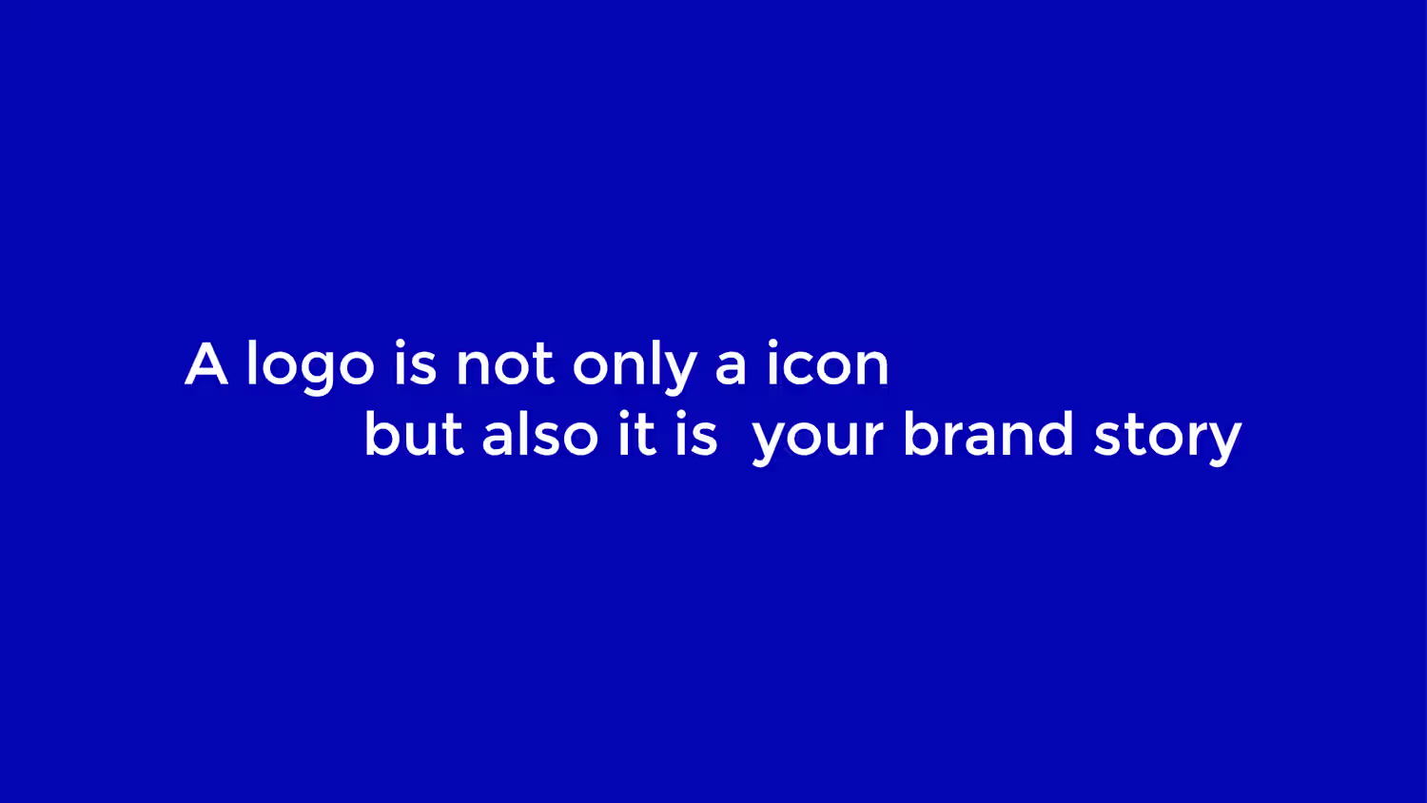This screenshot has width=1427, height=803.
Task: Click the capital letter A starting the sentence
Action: point(206,363)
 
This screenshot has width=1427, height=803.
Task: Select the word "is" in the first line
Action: point(416,363)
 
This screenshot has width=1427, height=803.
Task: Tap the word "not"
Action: point(505,366)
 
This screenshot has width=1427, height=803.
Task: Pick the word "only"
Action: point(635,367)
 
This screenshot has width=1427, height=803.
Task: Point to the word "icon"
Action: point(829,363)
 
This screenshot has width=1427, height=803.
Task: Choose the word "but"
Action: point(414,433)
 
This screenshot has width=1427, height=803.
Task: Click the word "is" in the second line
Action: point(696,433)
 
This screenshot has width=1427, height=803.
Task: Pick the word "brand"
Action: point(988,433)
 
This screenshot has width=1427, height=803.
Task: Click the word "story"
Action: point(1167,439)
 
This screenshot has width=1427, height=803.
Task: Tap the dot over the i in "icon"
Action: point(772,344)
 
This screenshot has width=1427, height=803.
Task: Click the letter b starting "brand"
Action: point(922,433)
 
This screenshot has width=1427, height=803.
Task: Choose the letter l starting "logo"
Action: point(252,362)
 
